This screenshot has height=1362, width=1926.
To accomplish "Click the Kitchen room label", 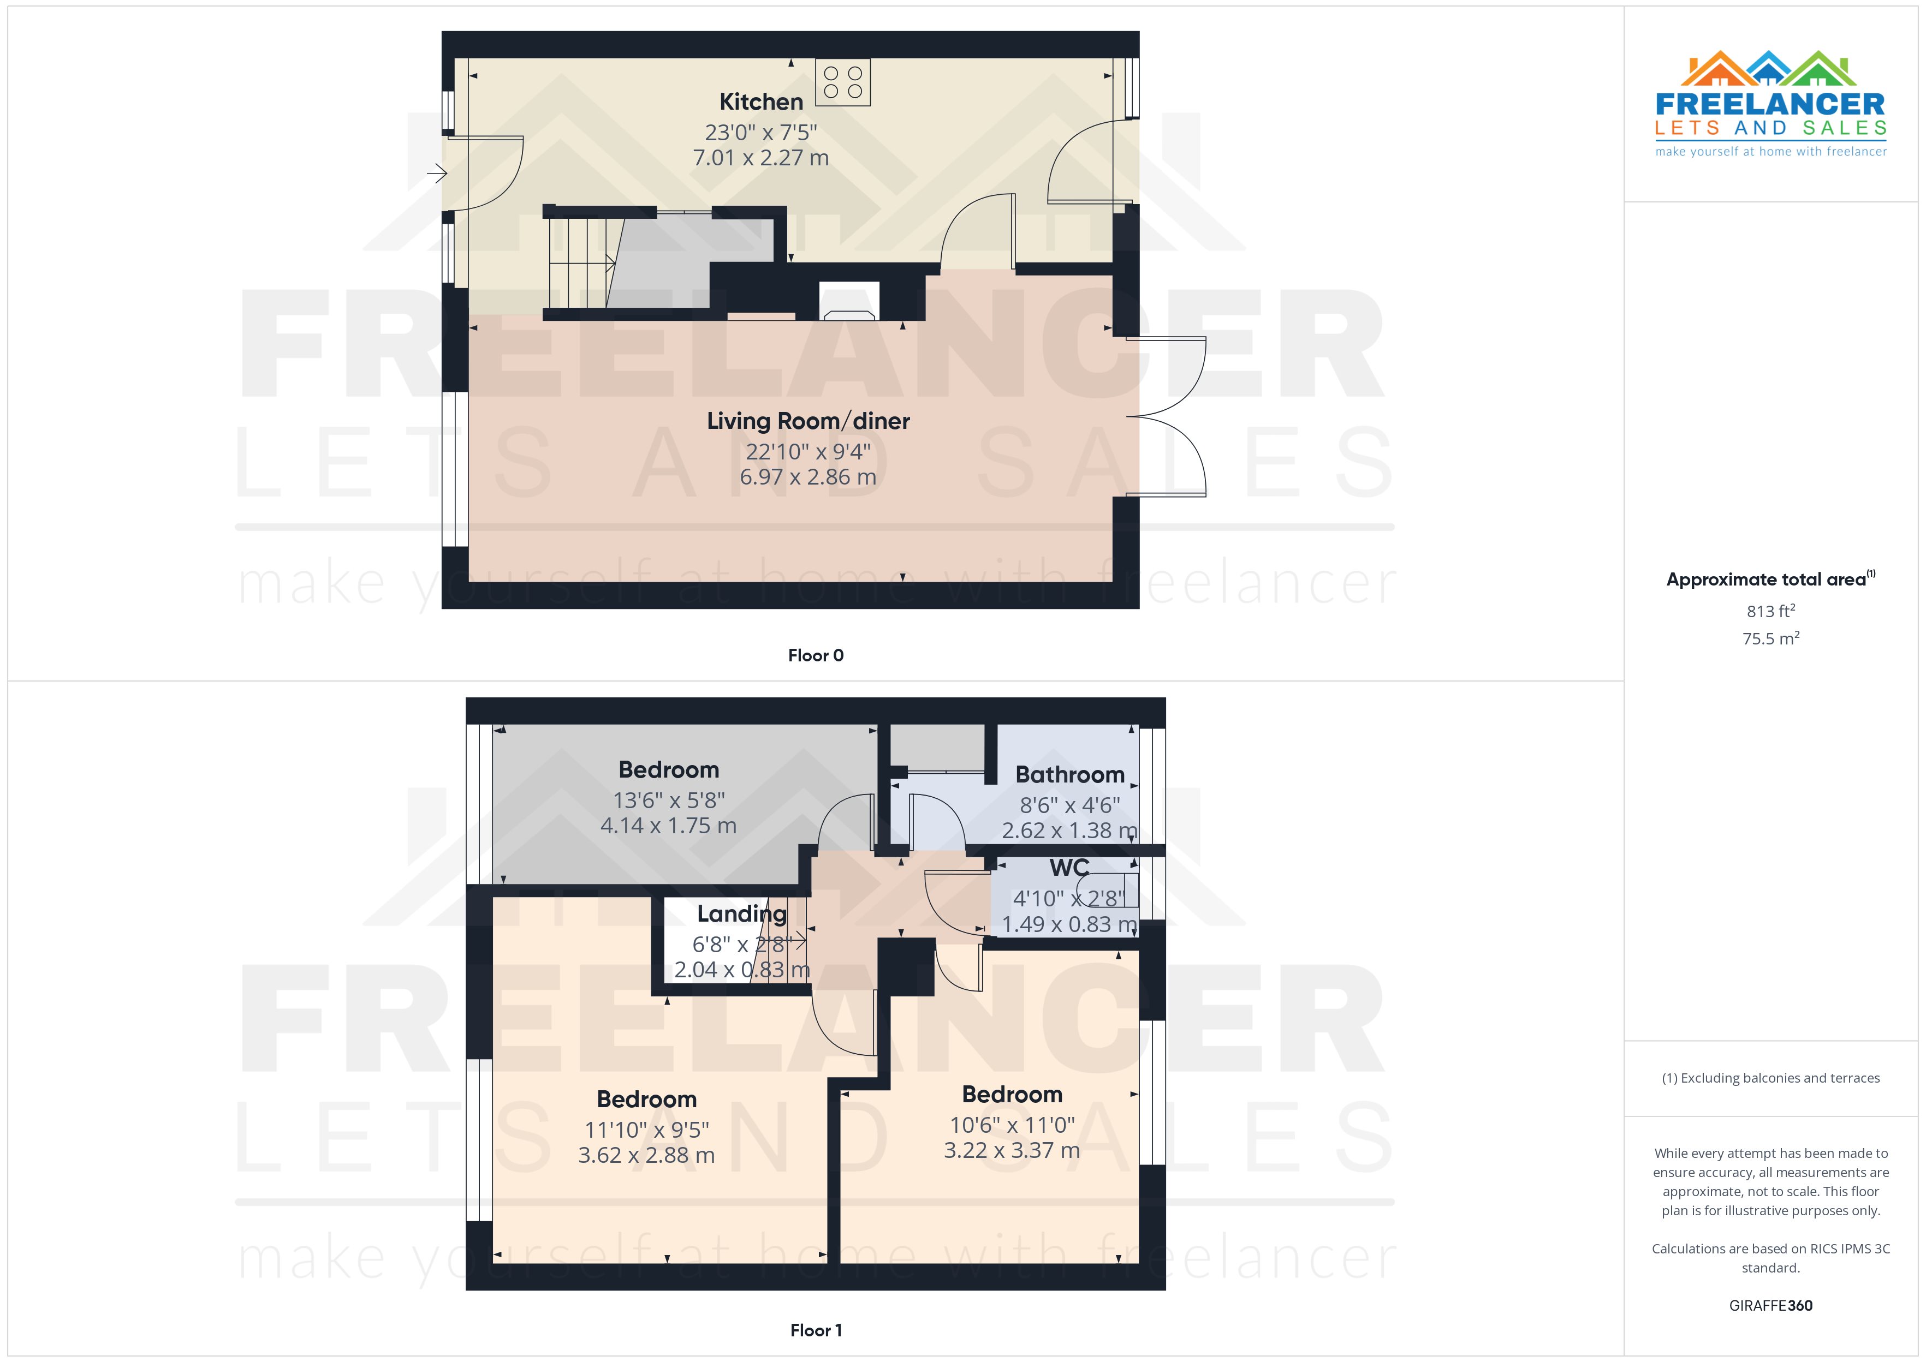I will pyautogui.click(x=761, y=101).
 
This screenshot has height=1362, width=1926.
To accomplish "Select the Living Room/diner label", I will pyautogui.click(x=808, y=421).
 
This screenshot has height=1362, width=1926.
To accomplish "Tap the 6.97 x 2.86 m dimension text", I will pyautogui.click(x=808, y=477).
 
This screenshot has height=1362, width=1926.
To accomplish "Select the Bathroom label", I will pyautogui.click(x=1069, y=775).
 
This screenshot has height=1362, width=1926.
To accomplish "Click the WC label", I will pyautogui.click(x=1069, y=867).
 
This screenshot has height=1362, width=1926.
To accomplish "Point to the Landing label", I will pyautogui.click(x=741, y=913).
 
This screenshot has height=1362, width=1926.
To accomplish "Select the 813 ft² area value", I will pyautogui.click(x=1770, y=611).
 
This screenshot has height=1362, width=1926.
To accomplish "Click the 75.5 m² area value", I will pyautogui.click(x=1770, y=639).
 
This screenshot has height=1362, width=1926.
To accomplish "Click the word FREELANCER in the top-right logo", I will pyautogui.click(x=1770, y=104).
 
